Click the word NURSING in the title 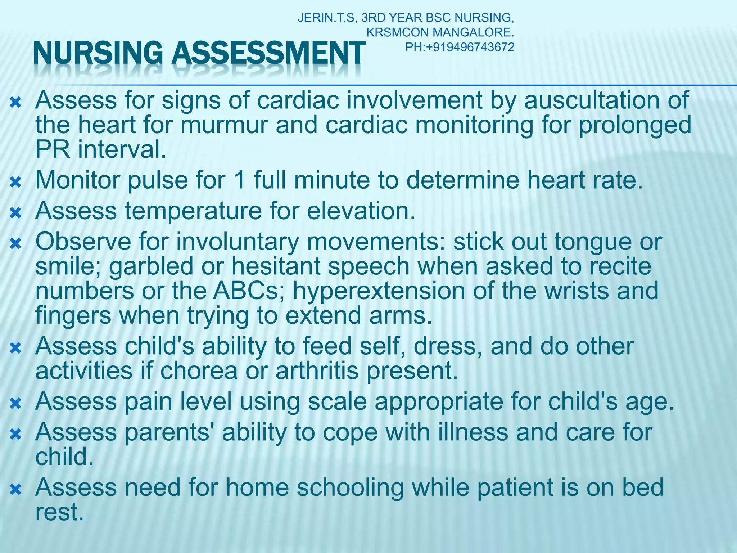coord(98,54)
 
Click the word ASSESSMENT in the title coord(268,54)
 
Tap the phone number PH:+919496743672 coord(460,47)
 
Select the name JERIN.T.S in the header coord(327,18)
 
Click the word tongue coord(593,242)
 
